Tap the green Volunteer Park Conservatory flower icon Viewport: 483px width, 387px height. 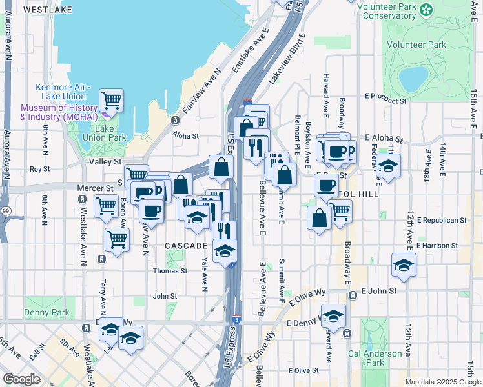(426, 10)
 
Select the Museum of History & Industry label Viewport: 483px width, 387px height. (58, 112)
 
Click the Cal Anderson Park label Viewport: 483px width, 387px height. (375, 358)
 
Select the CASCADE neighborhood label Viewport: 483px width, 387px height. (185, 246)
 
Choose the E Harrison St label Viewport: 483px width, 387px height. (437, 246)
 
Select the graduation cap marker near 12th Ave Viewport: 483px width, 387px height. (404, 264)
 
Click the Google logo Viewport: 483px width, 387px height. (21, 379)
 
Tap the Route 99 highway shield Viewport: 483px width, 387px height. (5, 210)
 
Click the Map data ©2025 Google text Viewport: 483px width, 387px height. (442, 382)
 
